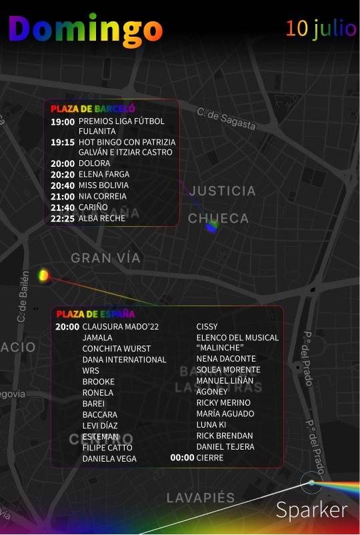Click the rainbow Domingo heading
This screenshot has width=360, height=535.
click(x=85, y=29)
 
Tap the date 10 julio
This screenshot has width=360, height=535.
click(x=321, y=28)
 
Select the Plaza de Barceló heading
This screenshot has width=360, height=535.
click(x=93, y=108)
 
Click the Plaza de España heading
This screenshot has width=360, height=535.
click(x=95, y=314)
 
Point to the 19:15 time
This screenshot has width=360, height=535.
click(x=63, y=142)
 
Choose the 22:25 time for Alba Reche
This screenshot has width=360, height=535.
click(x=63, y=218)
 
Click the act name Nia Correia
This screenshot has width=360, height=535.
click(x=102, y=197)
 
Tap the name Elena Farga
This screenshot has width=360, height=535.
click(x=104, y=174)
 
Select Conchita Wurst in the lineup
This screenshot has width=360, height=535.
click(x=117, y=348)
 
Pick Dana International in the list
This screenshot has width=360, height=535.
click(x=124, y=360)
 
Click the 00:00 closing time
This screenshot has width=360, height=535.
click(x=182, y=458)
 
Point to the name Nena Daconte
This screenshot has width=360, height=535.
click(x=226, y=358)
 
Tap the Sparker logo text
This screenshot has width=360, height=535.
click(x=312, y=510)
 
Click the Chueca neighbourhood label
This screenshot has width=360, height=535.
click(x=218, y=218)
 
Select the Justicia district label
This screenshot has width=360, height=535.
click(x=222, y=191)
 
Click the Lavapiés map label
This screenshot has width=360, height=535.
click(x=201, y=498)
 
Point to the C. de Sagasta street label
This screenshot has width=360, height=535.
click(x=226, y=119)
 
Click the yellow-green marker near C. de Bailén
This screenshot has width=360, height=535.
click(x=44, y=274)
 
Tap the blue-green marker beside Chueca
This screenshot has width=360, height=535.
click(x=212, y=227)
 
